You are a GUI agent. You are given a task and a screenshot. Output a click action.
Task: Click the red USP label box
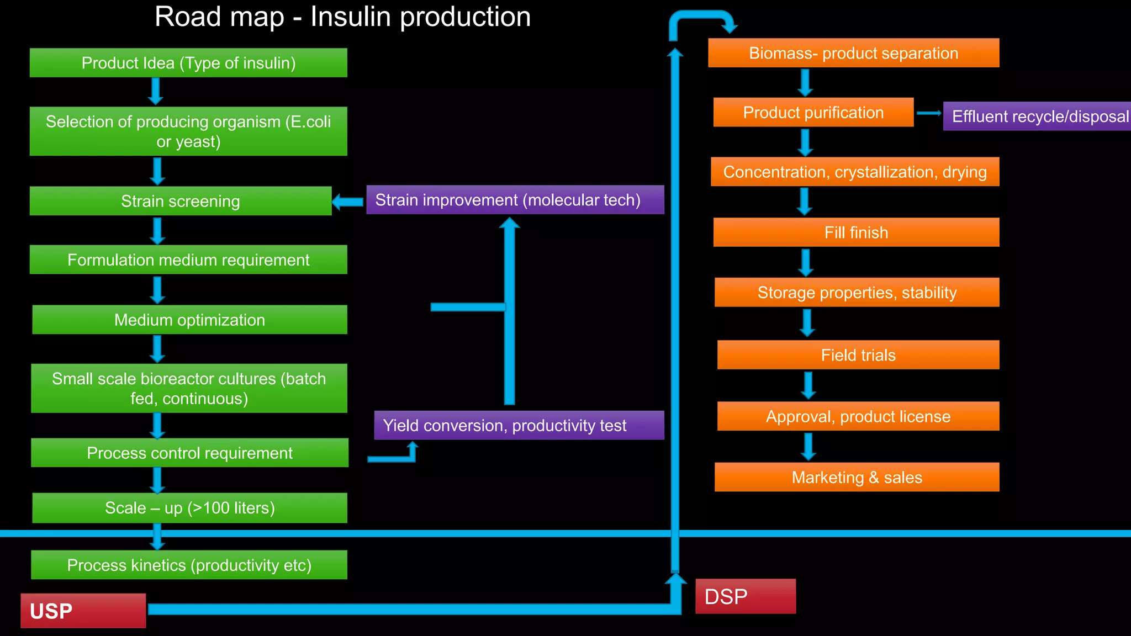click(x=83, y=611)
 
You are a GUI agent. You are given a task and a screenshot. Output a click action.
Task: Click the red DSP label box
click(x=745, y=596)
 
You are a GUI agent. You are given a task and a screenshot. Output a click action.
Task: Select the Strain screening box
click(x=181, y=201)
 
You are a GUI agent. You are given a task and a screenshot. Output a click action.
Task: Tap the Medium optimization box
click(x=189, y=320)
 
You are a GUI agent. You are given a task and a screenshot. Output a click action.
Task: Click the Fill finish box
click(x=856, y=232)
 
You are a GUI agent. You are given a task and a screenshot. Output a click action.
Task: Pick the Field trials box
click(x=858, y=355)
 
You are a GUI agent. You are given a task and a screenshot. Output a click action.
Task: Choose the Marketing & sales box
click(x=857, y=477)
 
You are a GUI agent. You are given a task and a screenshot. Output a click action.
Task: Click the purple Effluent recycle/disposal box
click(x=1037, y=116)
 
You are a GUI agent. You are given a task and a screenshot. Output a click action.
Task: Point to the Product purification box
click(x=813, y=113)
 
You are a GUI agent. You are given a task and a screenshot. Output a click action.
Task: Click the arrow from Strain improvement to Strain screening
click(x=348, y=202)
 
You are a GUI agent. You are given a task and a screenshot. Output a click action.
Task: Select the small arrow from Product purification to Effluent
click(x=929, y=113)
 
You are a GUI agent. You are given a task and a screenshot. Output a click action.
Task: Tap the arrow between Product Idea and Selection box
click(x=156, y=91)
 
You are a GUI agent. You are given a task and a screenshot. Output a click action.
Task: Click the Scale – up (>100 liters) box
click(x=189, y=508)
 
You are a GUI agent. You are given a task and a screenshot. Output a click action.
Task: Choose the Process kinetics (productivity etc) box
click(x=189, y=565)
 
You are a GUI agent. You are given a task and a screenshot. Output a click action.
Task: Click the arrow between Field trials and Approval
click(x=808, y=385)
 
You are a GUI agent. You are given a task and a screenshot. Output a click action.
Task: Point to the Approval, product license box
click(x=858, y=416)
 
